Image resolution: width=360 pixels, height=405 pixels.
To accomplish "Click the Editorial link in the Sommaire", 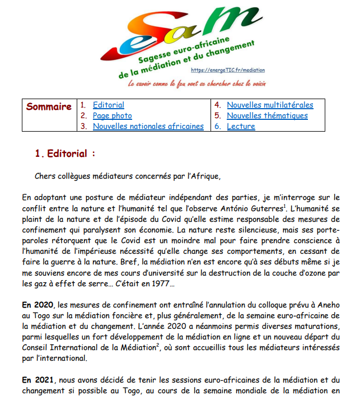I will [109, 105].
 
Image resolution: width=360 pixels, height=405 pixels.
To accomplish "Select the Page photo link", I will [113, 115].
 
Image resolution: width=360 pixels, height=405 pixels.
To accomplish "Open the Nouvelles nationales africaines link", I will [148, 126].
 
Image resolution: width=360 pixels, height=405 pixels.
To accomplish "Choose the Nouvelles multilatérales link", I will [270, 105].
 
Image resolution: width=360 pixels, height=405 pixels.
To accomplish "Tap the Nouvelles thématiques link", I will [267, 115].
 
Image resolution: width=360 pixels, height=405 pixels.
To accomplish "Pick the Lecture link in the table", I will [241, 126].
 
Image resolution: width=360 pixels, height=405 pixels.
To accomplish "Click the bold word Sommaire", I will [49, 107].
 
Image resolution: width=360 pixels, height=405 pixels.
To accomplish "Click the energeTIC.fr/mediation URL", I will [227, 70].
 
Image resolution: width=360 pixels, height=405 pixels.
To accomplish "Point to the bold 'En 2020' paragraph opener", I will [36, 305].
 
